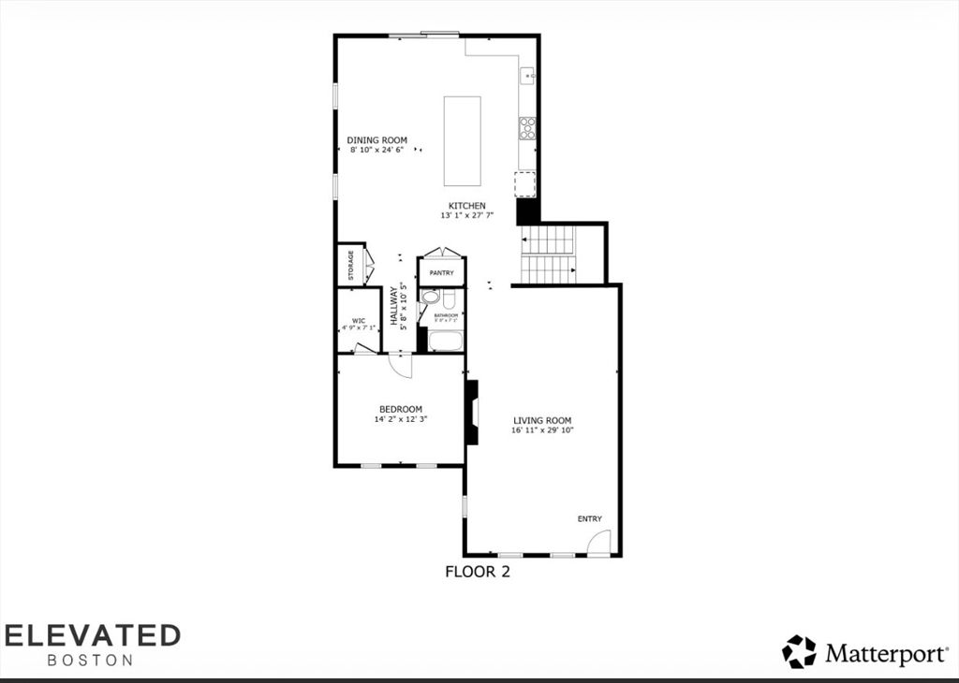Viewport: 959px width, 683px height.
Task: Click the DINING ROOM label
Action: point(377,140)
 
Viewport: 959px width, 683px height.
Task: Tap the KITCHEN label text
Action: point(466,206)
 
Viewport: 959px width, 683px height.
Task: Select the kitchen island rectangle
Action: point(462,141)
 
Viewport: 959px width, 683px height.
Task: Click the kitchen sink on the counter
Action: point(527,75)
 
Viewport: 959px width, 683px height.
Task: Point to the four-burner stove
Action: point(527,128)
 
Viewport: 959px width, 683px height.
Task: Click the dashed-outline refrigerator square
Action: point(525,183)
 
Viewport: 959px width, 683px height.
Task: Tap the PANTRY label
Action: point(441,273)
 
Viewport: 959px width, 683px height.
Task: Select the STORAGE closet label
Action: point(351,266)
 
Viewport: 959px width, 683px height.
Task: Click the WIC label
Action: point(358,320)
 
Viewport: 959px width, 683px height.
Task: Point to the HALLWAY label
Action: point(394,306)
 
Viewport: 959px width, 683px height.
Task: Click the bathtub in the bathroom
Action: point(445,340)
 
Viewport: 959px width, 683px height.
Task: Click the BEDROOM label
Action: point(400,409)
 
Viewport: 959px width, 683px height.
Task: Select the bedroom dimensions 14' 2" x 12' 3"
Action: point(400,419)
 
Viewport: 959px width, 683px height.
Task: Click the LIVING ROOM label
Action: point(541,420)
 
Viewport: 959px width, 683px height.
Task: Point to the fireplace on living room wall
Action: point(473,412)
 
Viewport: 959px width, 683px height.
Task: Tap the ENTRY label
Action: point(589,518)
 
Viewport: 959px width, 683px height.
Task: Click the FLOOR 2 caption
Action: point(477,572)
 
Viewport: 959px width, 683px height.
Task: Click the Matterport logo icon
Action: point(799,651)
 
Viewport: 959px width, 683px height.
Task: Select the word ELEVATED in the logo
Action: point(92,635)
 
